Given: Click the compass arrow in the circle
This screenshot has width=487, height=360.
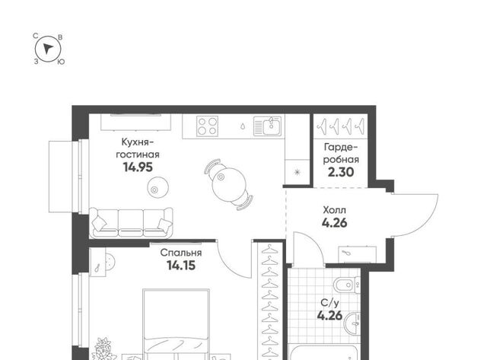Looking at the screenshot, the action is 47,49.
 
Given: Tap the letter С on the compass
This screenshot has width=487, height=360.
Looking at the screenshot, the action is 36,36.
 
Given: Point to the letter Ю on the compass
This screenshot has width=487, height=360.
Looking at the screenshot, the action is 61,62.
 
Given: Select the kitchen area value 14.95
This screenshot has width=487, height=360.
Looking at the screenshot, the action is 138,167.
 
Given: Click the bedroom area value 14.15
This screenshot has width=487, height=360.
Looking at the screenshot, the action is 181,266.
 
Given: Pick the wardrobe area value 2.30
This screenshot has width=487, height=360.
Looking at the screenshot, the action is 341,172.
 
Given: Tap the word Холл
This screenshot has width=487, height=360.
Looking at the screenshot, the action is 334,210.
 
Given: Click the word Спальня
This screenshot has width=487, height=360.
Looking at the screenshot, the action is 181,253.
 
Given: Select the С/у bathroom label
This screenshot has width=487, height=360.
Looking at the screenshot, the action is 329,302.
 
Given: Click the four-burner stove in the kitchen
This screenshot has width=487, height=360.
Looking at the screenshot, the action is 207,126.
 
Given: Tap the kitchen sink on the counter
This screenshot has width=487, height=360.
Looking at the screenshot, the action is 267,126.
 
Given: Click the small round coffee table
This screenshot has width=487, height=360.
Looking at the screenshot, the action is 158,187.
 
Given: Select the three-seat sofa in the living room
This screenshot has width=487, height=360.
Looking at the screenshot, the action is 131,223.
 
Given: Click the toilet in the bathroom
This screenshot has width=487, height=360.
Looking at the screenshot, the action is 347,285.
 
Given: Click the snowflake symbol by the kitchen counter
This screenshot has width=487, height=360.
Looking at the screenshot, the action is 298,172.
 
